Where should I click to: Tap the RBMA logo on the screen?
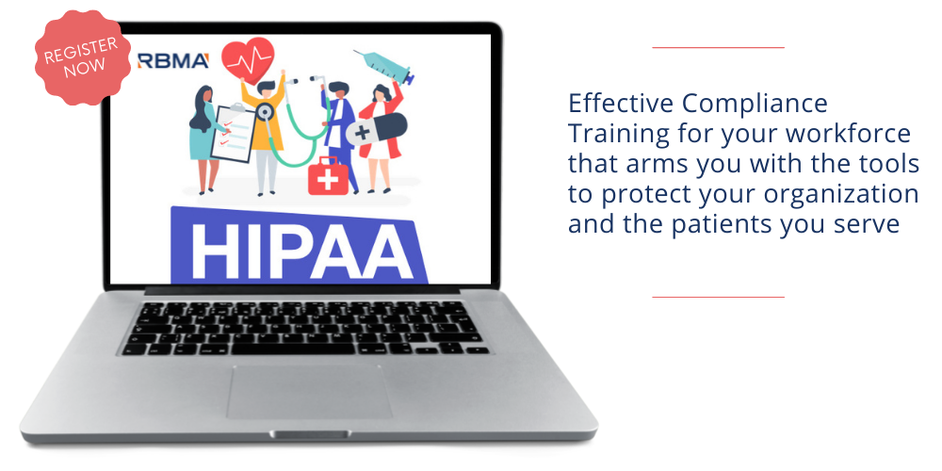(173, 60)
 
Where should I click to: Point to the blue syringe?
(384, 67)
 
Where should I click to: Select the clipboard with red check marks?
(233, 133)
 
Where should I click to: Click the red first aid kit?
(328, 176)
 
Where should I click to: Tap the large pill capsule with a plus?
(376, 129)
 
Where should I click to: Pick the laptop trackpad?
(309, 391)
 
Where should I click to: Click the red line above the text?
(719, 47)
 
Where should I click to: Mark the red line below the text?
(719, 297)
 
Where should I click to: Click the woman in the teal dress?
(205, 139)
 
